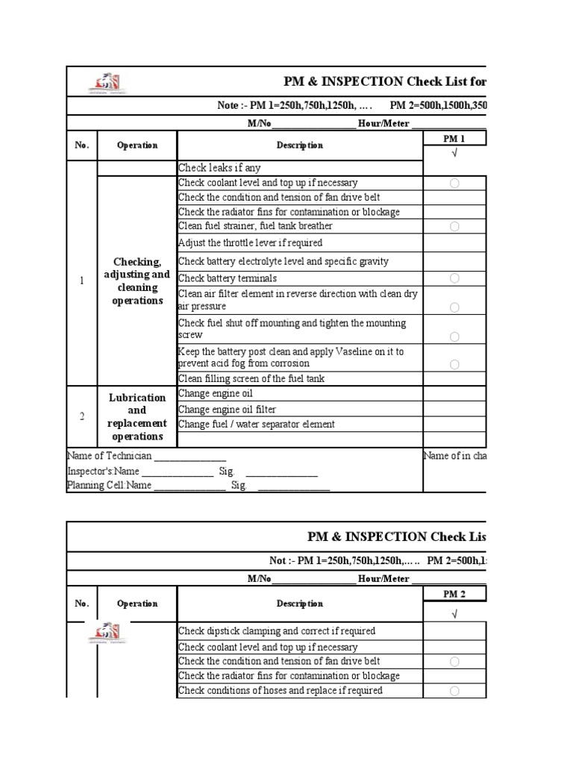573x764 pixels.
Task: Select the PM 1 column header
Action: (454, 139)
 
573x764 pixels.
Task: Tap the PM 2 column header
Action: (454, 594)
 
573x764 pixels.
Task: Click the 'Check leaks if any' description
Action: (219, 168)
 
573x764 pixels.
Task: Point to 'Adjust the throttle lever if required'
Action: (250, 243)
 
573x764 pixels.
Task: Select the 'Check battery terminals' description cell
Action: (227, 278)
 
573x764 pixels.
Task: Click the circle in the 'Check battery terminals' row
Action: (454, 278)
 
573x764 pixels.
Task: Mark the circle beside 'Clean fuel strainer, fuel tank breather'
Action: (454, 226)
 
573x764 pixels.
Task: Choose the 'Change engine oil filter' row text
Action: (227, 409)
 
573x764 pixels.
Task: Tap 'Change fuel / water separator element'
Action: (256, 424)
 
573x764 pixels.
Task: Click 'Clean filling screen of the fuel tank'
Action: (251, 378)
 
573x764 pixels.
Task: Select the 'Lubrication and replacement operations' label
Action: (137, 416)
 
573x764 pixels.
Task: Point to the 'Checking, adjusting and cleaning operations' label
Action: (137, 281)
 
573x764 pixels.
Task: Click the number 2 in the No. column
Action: (82, 416)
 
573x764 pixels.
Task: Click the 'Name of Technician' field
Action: (146, 456)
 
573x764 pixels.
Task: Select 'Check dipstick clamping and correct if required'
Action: (276, 631)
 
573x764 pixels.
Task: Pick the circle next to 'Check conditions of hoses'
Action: (454, 691)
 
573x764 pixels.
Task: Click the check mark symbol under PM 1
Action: (454, 153)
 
